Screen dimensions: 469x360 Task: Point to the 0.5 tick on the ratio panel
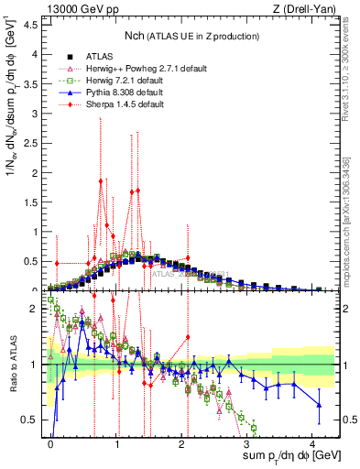click(30, 420)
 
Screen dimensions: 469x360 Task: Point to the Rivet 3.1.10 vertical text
click(352, 64)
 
